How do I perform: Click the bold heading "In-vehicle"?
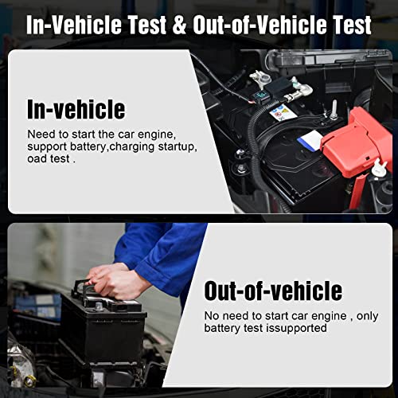pyautogui.click(x=76, y=108)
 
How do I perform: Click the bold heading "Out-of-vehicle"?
pyautogui.click(x=273, y=291)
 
